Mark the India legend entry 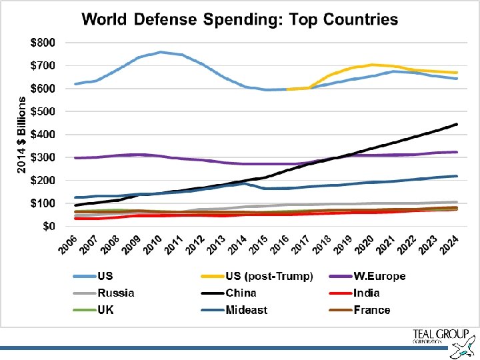coord(367,293)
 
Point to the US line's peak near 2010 coord(161,51)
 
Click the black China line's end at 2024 coord(455,124)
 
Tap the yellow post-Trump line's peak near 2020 coord(373,65)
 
